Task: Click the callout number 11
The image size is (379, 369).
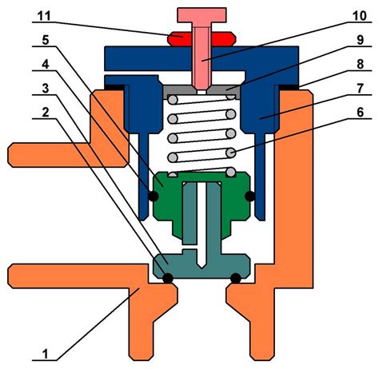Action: [x=44, y=16]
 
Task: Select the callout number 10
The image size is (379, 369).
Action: [x=360, y=16]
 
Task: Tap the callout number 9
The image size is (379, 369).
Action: [x=360, y=40]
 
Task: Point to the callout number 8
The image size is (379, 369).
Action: [x=360, y=64]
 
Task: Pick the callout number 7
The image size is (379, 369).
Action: [x=360, y=88]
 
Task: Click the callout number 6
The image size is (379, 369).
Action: [x=360, y=112]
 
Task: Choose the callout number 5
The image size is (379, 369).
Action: [x=46, y=40]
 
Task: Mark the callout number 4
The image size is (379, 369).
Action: [x=46, y=64]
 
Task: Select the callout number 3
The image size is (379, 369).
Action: [x=46, y=88]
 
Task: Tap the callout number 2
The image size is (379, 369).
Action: [x=46, y=112]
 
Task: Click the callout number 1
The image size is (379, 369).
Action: [x=46, y=354]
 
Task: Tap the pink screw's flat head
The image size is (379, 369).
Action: [x=201, y=15]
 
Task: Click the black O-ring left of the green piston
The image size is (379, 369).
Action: [x=154, y=196]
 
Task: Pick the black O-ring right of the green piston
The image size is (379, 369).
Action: [x=250, y=196]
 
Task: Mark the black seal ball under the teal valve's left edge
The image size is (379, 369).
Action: [x=168, y=279]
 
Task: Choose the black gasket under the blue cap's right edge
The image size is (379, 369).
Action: [x=289, y=87]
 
